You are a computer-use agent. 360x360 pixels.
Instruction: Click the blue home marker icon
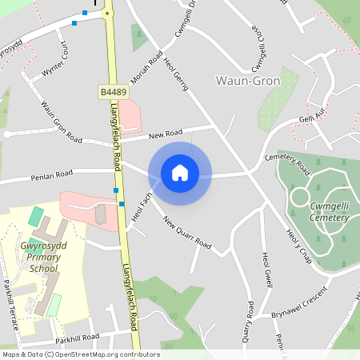[x=180, y=173]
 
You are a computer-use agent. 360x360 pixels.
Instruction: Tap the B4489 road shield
[x=112, y=94]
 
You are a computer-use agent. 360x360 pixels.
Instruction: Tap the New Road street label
[x=165, y=132]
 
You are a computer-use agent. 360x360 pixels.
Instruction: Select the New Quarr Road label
[x=187, y=232]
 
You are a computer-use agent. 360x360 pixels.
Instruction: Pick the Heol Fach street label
[x=142, y=206]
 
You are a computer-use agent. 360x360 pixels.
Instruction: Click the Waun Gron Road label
[x=62, y=121]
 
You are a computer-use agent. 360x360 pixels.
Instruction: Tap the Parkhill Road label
[x=78, y=337]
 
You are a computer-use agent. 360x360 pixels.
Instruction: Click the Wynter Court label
[x=57, y=64]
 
